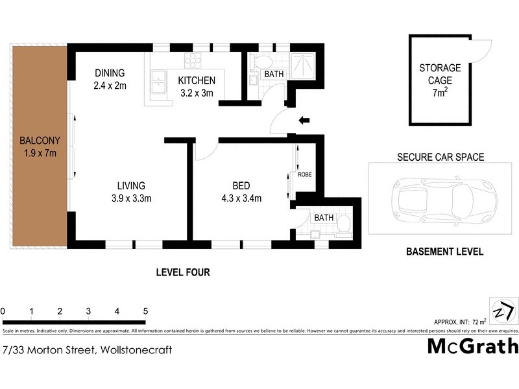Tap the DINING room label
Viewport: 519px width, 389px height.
pyautogui.click(x=109, y=73)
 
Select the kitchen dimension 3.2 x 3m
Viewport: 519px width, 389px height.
pyautogui.click(x=197, y=92)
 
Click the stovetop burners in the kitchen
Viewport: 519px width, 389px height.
pyautogui.click(x=193, y=60)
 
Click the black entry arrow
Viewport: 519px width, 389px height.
pyautogui.click(x=303, y=119)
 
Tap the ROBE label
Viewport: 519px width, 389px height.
pyautogui.click(x=305, y=174)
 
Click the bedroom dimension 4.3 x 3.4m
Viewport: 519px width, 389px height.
pyautogui.click(x=241, y=198)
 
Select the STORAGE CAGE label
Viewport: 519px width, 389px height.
pyautogui.click(x=440, y=74)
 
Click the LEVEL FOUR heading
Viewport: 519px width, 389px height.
pyautogui.click(x=183, y=272)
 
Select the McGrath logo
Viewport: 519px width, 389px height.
pyautogui.click(x=472, y=346)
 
